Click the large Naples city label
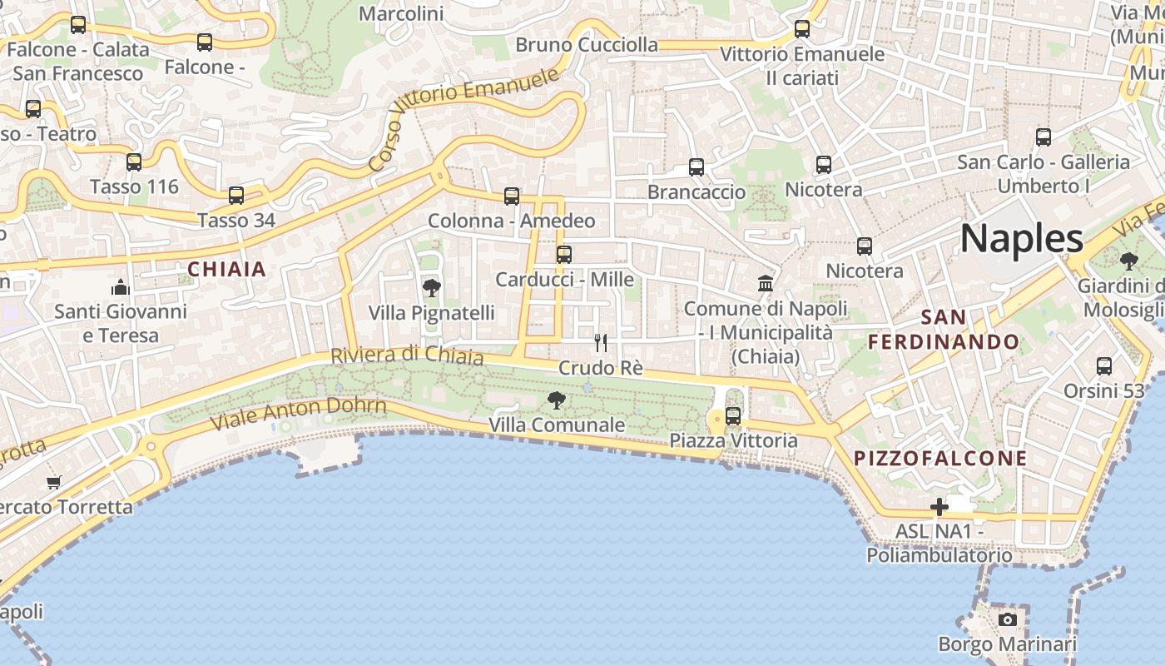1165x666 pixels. (x=1022, y=239)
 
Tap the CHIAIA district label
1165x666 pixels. (x=226, y=269)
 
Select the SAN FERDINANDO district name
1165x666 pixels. (x=944, y=330)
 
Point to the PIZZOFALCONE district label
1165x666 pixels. (x=940, y=459)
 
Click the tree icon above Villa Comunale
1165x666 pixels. (x=557, y=400)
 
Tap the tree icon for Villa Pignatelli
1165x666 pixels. (x=431, y=288)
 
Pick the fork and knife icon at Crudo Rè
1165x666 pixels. (x=601, y=342)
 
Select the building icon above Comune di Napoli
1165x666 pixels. (x=766, y=284)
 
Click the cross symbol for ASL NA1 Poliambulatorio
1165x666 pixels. (x=939, y=506)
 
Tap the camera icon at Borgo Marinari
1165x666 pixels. (x=1008, y=619)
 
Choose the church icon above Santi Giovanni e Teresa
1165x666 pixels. (x=121, y=288)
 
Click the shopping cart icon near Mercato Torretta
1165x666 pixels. (x=54, y=482)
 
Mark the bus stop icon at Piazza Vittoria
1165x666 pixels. (x=733, y=415)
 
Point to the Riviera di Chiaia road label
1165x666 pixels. (x=407, y=355)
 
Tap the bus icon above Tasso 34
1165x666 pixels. (x=236, y=196)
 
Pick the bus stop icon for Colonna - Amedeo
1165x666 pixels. (x=512, y=196)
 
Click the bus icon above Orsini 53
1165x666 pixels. (x=1104, y=366)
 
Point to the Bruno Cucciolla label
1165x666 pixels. (x=587, y=45)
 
